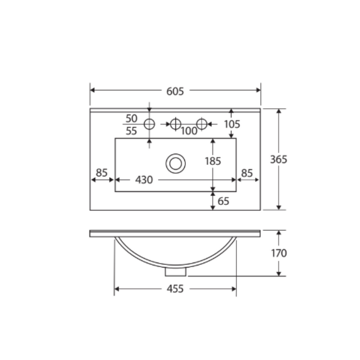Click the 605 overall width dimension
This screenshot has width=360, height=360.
(x=175, y=91)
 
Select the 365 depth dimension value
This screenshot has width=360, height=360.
(x=279, y=160)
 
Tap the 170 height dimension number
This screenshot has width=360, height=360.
(x=279, y=253)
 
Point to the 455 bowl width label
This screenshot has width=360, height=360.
(x=175, y=289)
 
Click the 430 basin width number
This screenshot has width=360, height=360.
(x=144, y=180)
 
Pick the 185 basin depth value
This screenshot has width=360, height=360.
(x=213, y=161)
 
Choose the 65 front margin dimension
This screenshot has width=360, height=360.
(x=223, y=201)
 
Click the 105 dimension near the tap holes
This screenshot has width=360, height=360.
(x=232, y=124)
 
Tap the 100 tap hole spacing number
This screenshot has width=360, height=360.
(x=189, y=131)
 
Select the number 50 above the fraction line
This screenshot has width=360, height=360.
(x=131, y=118)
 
